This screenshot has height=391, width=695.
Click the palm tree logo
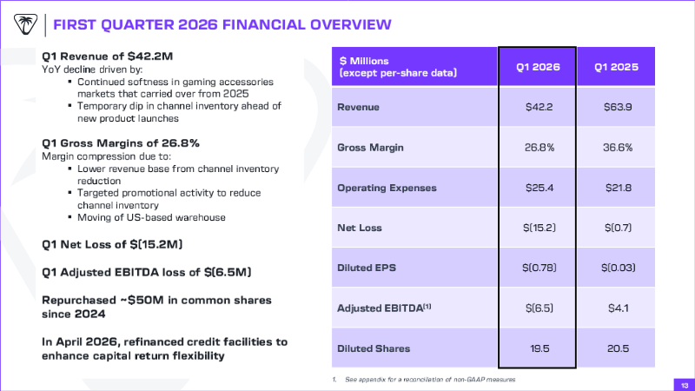tap(25, 24)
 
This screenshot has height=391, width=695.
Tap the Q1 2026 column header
tap(538, 67)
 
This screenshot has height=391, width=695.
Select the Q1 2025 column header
tap(616, 67)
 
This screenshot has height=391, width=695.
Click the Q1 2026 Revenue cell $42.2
tap(539, 107)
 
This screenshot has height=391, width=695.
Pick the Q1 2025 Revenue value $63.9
tap(618, 107)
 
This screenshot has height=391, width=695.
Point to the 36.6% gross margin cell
tap(618, 148)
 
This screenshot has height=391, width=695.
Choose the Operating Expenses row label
tap(387, 188)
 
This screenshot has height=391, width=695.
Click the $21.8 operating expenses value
tap(619, 188)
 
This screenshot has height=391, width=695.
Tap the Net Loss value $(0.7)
tap(618, 228)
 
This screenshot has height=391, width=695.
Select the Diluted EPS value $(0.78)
tap(539, 268)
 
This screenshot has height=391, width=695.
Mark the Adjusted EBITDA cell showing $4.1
tap(618, 308)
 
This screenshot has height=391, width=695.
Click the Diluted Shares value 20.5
tap(618, 348)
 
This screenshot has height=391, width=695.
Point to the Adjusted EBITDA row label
tap(384, 308)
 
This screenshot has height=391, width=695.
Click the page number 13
tap(685, 386)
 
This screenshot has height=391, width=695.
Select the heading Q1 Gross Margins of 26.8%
tap(121, 143)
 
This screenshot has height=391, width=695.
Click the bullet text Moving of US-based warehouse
tap(151, 217)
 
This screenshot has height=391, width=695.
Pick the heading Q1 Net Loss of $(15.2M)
tap(112, 244)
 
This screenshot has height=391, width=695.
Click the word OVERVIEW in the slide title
tap(351, 24)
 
